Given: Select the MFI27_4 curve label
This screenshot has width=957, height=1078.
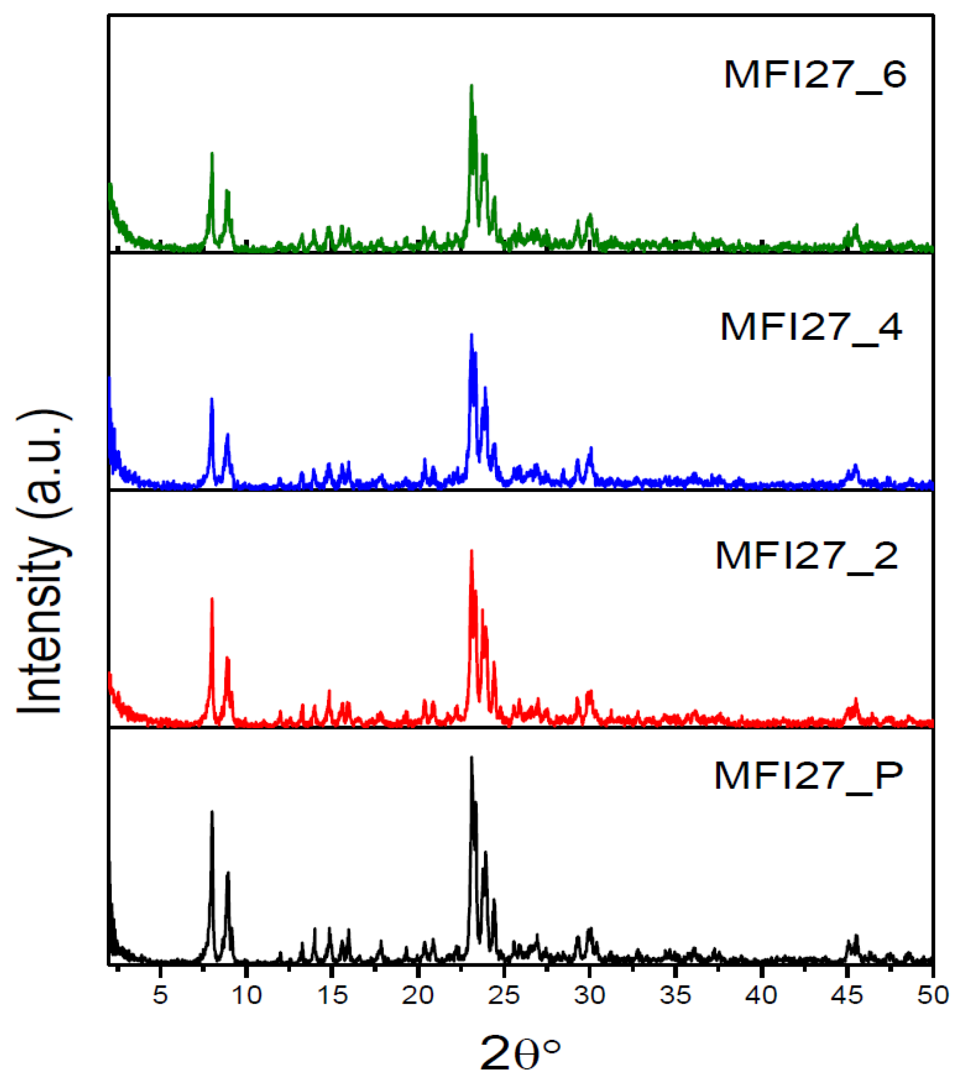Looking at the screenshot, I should coord(811,327).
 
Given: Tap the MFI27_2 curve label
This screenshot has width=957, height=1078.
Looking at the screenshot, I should coord(807,556).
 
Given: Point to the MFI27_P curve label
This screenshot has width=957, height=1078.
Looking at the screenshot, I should coord(808,775).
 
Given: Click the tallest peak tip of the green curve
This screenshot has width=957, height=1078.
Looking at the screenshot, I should coord(471,85).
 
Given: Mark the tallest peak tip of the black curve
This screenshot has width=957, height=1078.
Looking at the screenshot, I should coord(471,758).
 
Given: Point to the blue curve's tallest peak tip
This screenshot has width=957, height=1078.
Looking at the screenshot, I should coord(471,334).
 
